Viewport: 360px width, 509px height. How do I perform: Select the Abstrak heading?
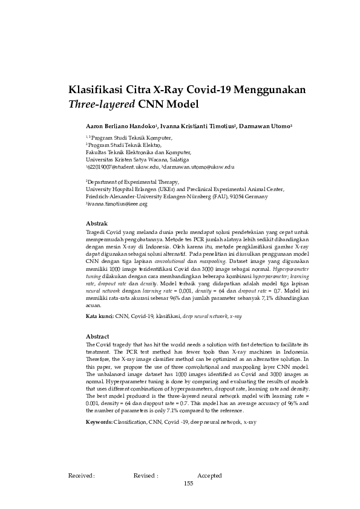(97, 223)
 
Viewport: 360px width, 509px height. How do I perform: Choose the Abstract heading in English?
(97, 336)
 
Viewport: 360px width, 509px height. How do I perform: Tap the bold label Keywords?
(99, 421)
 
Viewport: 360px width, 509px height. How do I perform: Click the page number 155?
(188, 484)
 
